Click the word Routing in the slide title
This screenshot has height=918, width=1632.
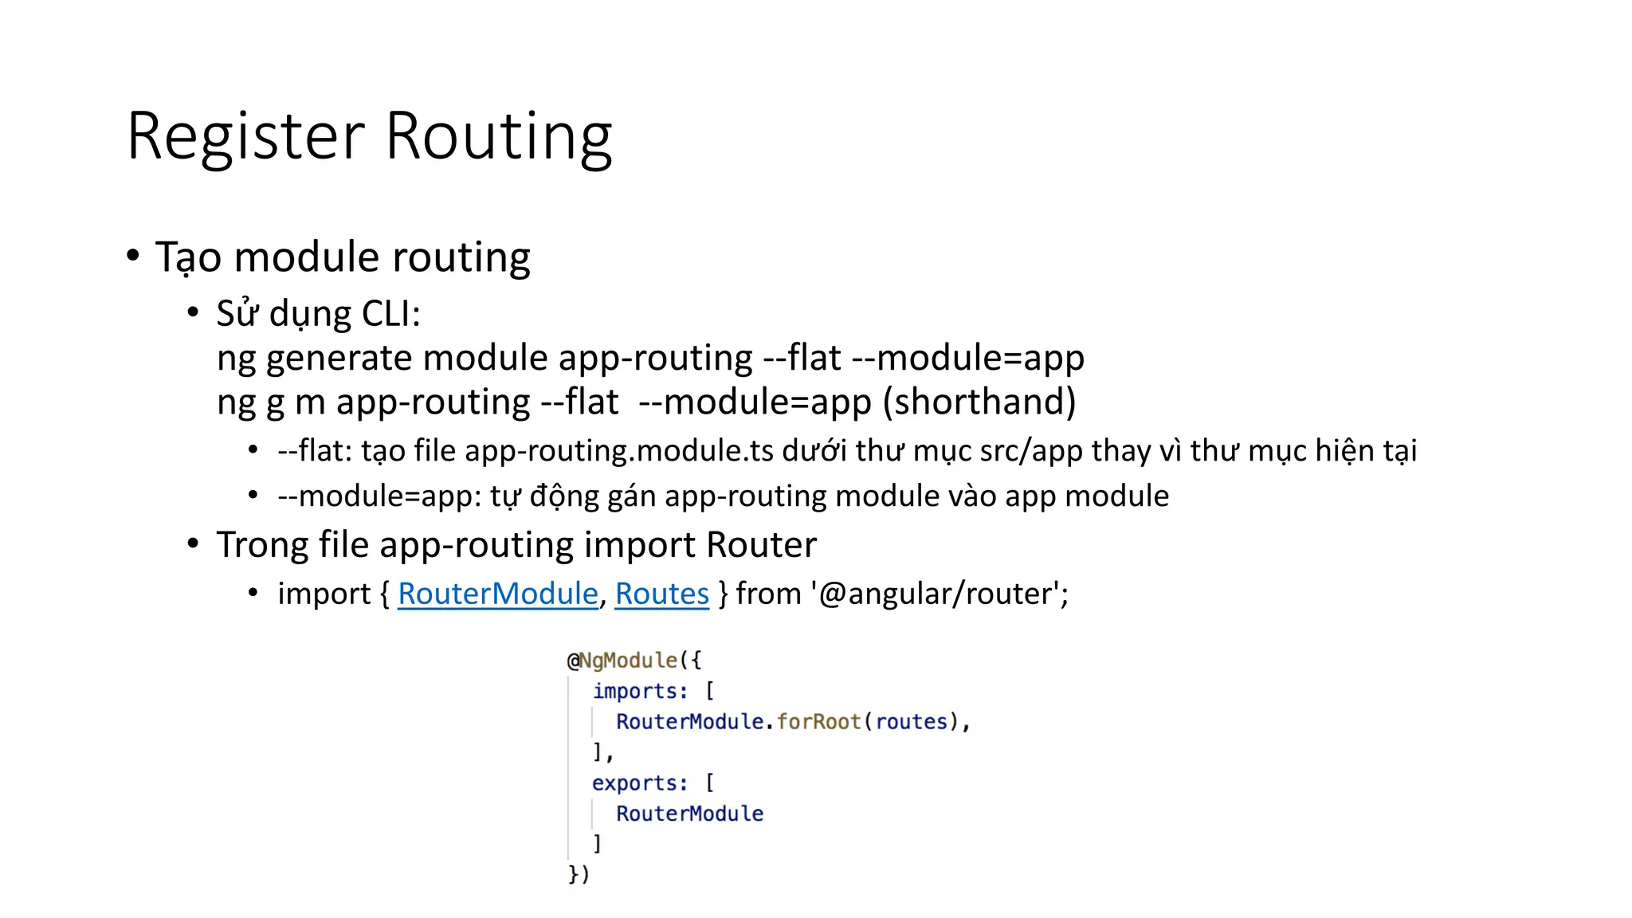point(498,137)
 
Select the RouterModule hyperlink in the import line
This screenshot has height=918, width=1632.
point(497,594)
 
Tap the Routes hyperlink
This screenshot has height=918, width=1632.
point(661,594)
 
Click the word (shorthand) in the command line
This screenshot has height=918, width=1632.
point(979,402)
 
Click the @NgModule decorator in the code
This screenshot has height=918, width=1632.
point(622,661)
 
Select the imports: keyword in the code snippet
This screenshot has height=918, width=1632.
point(640,691)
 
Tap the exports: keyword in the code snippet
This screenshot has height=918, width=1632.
point(639,783)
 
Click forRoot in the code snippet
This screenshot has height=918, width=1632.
point(818,722)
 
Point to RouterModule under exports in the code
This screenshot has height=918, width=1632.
point(689,814)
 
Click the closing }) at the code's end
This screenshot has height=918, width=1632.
point(579,874)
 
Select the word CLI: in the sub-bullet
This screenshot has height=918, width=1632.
point(390,314)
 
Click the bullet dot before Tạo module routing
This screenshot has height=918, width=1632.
point(133,256)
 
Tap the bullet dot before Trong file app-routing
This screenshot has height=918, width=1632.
point(193,544)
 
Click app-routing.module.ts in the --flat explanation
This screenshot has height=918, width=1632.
point(618,451)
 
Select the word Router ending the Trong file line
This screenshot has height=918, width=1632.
point(761,545)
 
